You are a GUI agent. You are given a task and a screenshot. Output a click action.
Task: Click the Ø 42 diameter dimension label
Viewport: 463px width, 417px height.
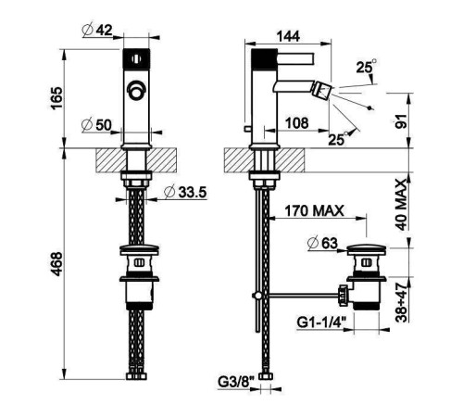(x=97, y=30)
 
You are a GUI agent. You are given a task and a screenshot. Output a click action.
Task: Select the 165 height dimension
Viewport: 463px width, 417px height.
(x=56, y=98)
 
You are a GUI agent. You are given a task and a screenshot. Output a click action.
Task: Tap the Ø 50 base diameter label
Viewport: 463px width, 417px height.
(x=96, y=125)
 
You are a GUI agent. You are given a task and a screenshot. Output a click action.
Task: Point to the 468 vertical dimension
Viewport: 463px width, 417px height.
(x=56, y=264)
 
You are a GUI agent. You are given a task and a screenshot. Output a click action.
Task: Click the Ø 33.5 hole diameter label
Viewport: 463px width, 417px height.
(x=185, y=192)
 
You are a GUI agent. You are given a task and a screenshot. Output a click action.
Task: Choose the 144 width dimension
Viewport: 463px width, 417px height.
(x=288, y=36)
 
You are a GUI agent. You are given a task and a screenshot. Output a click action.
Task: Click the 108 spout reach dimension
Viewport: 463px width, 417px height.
(x=296, y=123)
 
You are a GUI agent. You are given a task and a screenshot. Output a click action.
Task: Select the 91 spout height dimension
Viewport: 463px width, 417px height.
(x=401, y=120)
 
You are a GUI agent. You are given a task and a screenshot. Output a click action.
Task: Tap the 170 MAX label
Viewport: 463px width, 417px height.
(x=314, y=211)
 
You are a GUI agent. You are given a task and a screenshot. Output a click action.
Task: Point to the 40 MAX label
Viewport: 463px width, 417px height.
(x=402, y=205)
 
